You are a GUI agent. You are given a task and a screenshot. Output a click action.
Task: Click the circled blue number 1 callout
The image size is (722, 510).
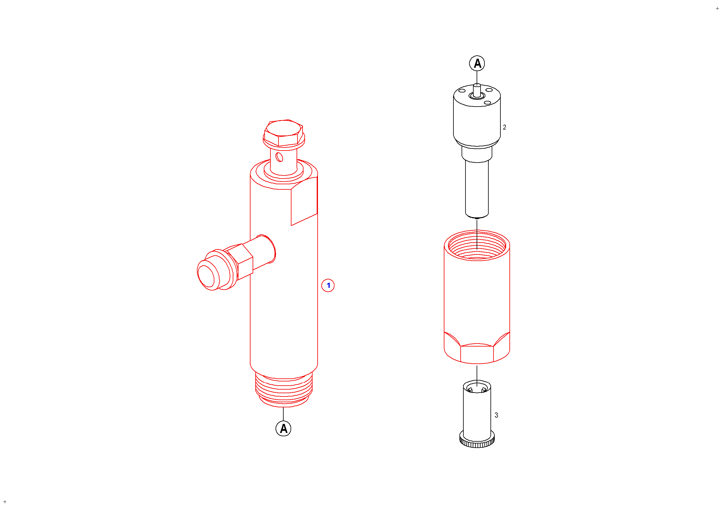(328, 285)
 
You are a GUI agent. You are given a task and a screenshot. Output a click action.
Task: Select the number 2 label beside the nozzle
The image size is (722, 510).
(504, 127)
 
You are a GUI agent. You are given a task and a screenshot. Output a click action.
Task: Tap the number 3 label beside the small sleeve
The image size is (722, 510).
(496, 415)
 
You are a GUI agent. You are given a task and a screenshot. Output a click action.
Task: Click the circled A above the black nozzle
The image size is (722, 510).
(477, 64)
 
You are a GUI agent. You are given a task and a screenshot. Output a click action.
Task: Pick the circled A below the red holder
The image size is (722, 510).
(283, 429)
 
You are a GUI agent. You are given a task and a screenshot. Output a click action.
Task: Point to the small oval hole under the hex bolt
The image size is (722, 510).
(279, 157)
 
